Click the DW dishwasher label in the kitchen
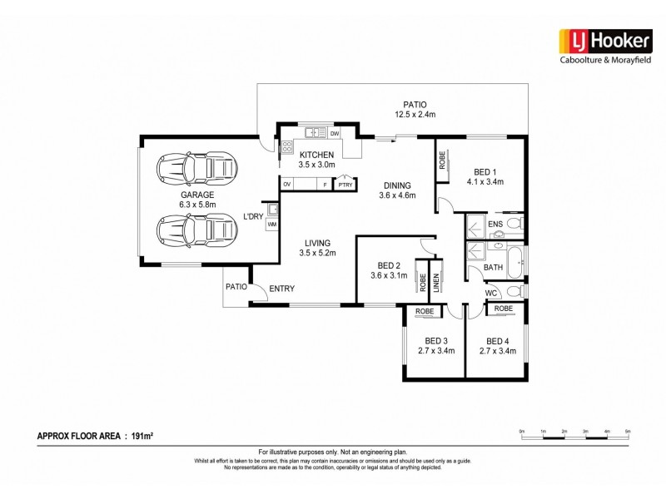tap(335, 133)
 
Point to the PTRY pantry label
tap(345, 185)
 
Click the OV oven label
tap(287, 184)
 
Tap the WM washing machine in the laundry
tap(272, 225)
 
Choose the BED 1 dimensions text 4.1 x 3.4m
tap(485, 181)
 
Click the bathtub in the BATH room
tap(514, 262)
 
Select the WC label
tap(492, 292)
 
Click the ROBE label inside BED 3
tap(425, 311)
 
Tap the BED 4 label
tap(498, 341)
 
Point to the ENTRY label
tap(281, 289)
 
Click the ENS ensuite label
tap(495, 224)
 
